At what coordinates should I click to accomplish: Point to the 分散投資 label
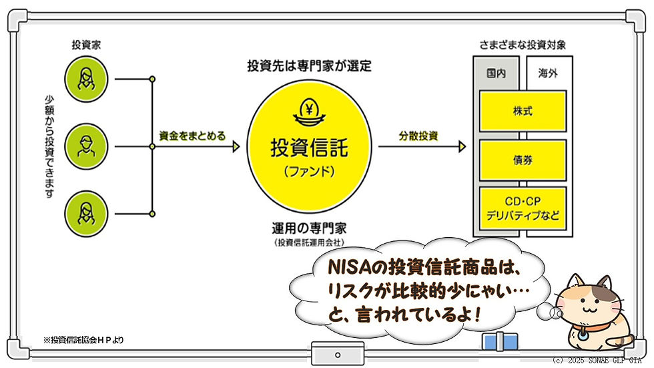(x=418, y=136)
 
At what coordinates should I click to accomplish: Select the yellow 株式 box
(x=523, y=111)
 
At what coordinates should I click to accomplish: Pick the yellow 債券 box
(x=523, y=160)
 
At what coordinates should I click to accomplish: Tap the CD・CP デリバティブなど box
(x=523, y=208)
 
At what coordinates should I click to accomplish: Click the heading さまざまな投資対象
(x=523, y=45)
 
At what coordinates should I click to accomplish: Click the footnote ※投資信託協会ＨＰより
(x=84, y=340)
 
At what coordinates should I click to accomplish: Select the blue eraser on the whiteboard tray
(x=500, y=342)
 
